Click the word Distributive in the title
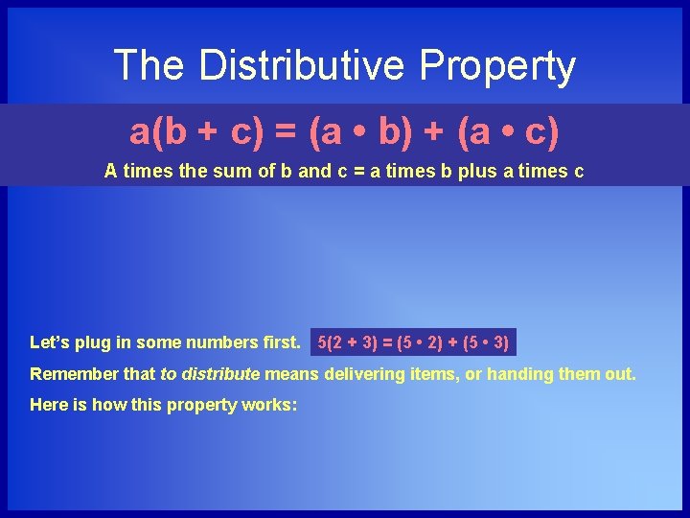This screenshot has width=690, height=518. click(x=302, y=65)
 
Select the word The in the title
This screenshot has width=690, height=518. click(x=149, y=65)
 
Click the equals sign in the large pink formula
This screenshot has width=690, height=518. click(x=285, y=132)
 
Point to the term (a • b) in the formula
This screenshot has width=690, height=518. click(x=348, y=132)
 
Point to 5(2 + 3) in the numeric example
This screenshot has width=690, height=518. click(x=346, y=342)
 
